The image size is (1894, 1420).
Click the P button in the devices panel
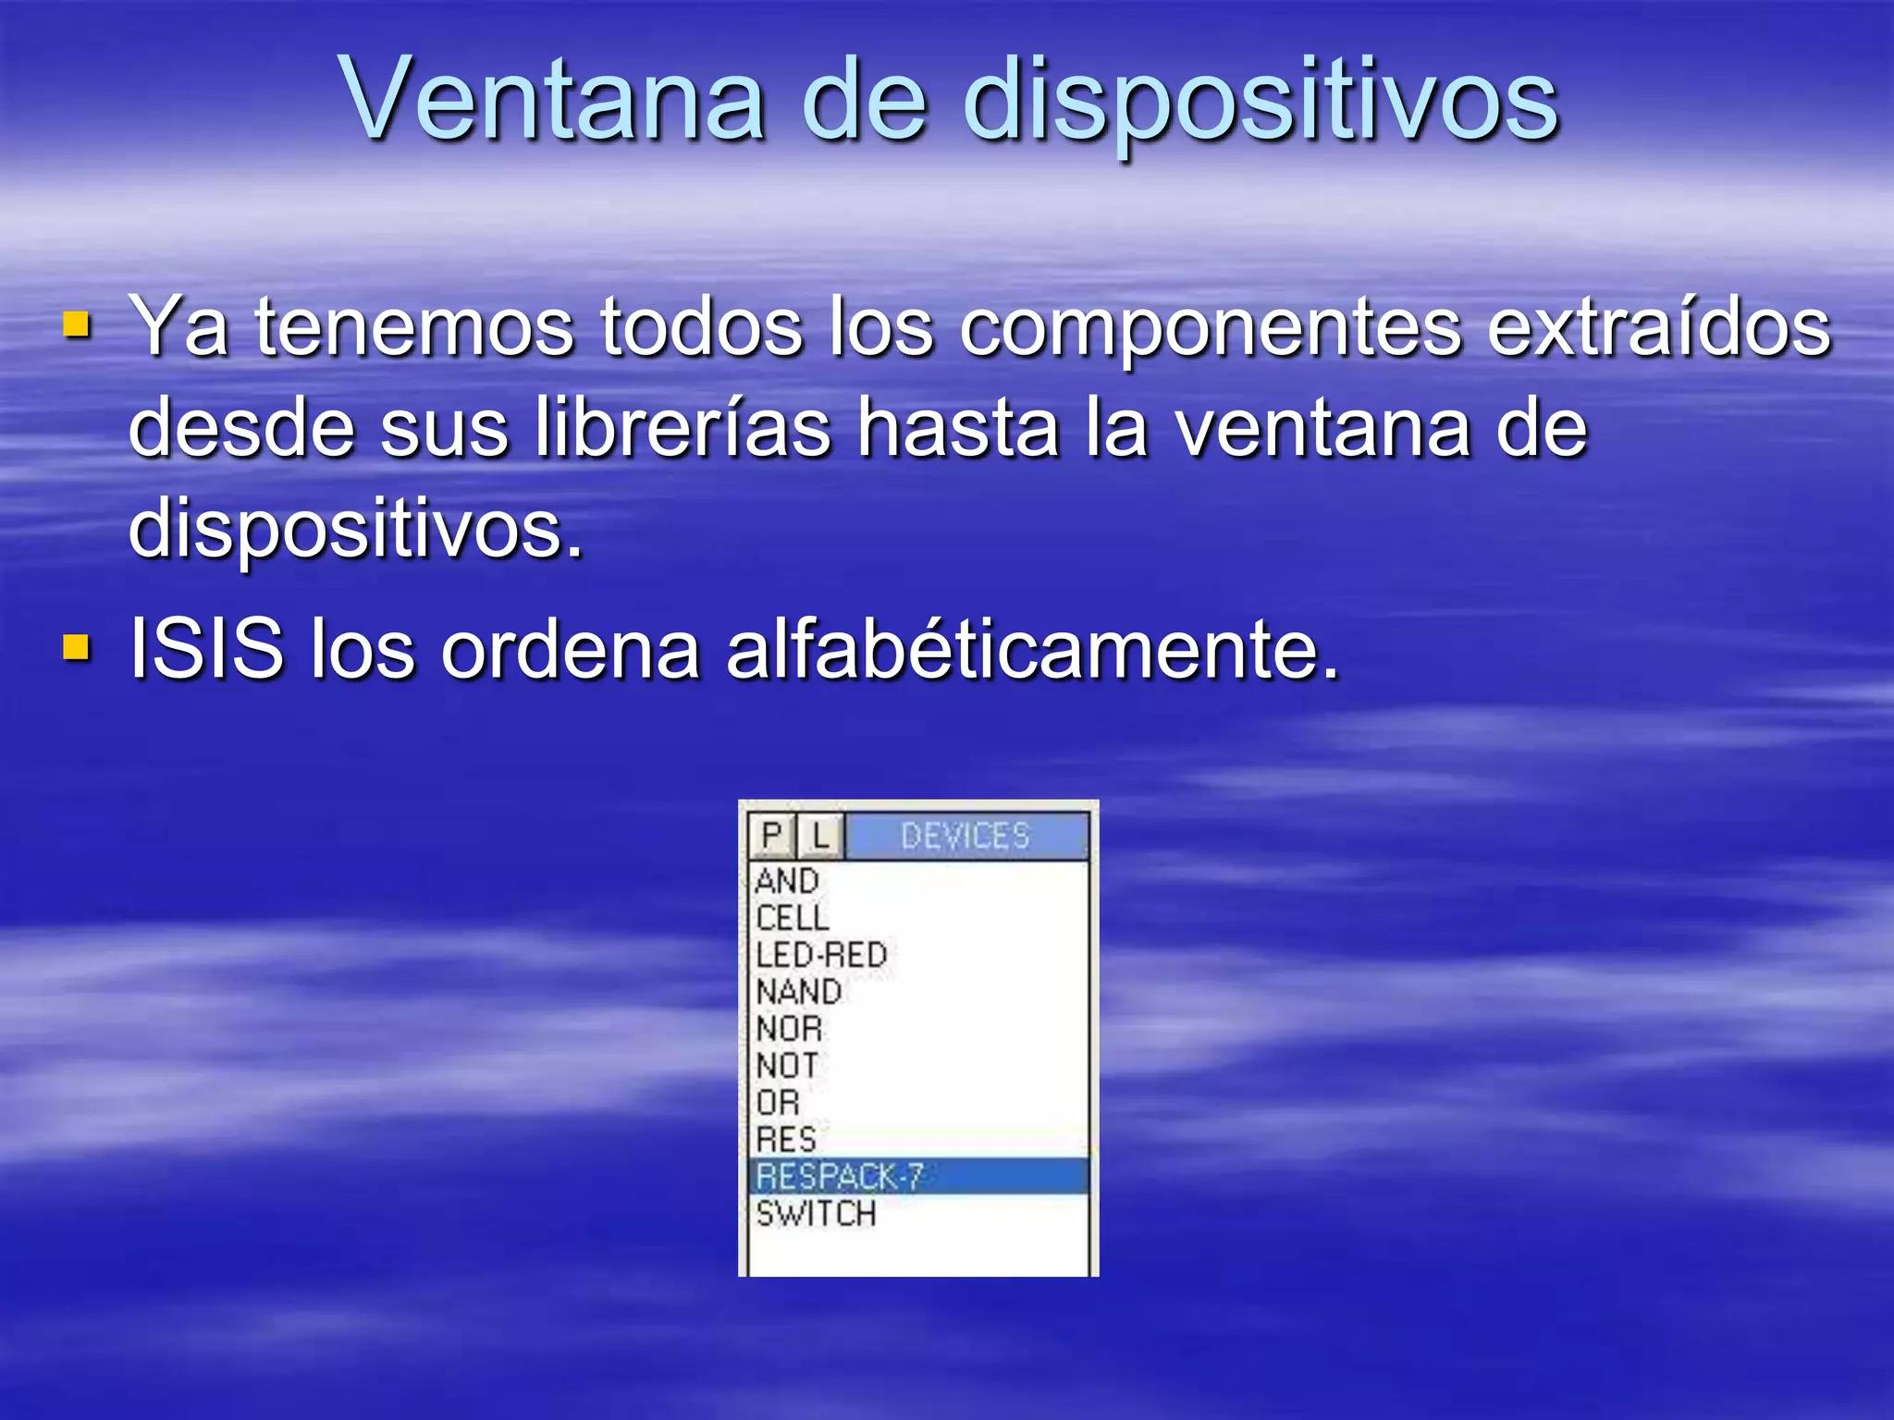tap(771, 836)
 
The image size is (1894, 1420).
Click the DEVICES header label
tap(965, 836)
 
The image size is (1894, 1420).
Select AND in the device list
tap(787, 881)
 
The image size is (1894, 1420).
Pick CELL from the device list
tap(793, 918)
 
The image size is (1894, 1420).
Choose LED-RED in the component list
tap(821, 955)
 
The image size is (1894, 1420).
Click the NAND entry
tap(799, 992)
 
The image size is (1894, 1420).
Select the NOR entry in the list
tap(789, 1029)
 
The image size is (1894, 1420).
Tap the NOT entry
tap(787, 1066)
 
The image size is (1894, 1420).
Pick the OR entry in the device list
tap(778, 1103)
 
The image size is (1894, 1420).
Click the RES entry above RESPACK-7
tap(786, 1140)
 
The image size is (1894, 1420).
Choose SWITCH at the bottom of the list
tap(816, 1214)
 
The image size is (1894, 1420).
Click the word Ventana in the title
tap(553, 100)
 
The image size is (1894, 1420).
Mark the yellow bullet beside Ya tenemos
tap(77, 325)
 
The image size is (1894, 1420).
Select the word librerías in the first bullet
tap(683, 427)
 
